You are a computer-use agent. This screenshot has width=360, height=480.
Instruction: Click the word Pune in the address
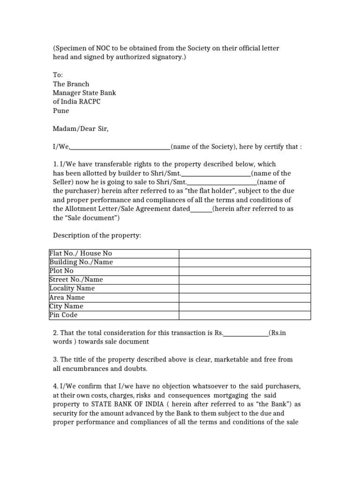pos(61,111)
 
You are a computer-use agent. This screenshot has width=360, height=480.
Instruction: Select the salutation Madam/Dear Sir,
pos(80,128)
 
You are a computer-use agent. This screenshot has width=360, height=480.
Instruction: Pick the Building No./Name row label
pos(81,262)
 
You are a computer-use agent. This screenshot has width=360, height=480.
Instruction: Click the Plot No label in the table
pos(61,271)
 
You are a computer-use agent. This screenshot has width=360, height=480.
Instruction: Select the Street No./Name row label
pos(76,280)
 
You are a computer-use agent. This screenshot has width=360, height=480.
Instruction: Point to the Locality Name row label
pos(72,288)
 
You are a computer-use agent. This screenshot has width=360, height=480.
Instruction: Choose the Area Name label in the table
pos(67,297)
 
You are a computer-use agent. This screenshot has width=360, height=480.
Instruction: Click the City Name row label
pos(66,306)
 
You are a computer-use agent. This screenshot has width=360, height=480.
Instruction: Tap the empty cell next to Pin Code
pos(244,315)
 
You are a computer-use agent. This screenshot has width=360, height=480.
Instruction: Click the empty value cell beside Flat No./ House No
pos(244,253)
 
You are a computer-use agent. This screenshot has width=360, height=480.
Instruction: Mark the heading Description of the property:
pos(97,235)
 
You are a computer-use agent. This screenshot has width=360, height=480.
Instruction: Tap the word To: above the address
pos(58,75)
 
